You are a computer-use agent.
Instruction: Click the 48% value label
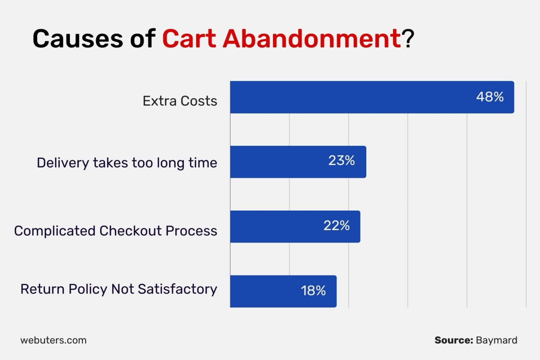click(x=490, y=97)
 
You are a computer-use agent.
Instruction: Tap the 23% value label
click(x=341, y=161)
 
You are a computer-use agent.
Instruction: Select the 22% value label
click(x=336, y=226)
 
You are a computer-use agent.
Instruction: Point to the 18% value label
click(x=313, y=291)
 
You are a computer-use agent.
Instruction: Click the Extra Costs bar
click(x=352, y=97)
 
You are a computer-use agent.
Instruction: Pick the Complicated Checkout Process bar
click(x=274, y=227)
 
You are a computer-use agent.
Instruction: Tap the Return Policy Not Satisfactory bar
click(x=264, y=291)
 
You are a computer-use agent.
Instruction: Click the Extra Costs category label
click(x=180, y=101)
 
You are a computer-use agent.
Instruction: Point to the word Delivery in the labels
click(x=63, y=163)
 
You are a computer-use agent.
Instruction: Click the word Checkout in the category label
click(x=132, y=231)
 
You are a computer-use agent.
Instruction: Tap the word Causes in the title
click(x=77, y=38)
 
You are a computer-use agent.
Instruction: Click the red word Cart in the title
click(x=189, y=38)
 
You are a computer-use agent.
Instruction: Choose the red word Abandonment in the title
click(x=311, y=38)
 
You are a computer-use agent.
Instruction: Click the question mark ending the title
click(x=409, y=38)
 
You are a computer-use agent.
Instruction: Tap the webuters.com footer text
click(x=53, y=340)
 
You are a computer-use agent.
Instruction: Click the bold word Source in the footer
click(x=454, y=340)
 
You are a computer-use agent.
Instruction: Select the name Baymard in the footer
click(x=496, y=340)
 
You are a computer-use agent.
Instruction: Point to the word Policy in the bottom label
click(x=88, y=289)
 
